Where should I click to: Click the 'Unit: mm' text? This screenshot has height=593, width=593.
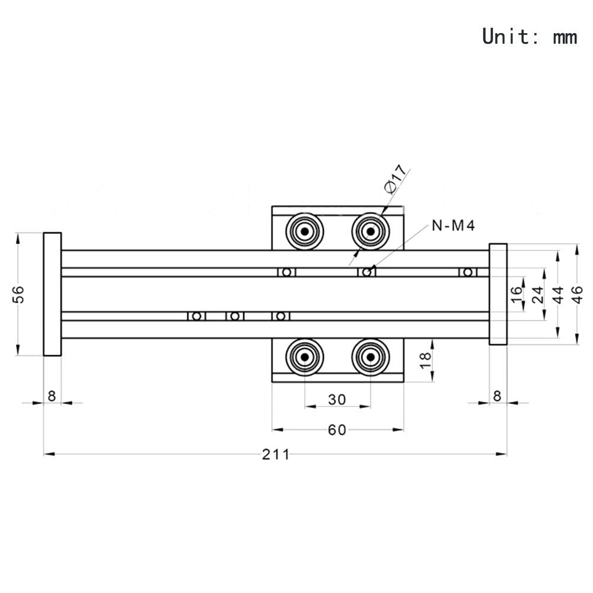point(530,36)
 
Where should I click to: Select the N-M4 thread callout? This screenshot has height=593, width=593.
point(454,226)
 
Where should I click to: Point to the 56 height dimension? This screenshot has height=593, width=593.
point(19,294)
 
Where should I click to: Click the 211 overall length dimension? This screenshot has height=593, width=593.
point(276,454)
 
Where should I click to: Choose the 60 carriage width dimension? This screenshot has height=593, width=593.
point(337,430)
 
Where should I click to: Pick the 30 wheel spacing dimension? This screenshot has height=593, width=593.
point(337,400)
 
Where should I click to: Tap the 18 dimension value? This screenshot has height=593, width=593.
point(426,361)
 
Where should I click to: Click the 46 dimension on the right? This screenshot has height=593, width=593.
point(577,294)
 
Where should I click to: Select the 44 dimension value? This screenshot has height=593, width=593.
point(558,294)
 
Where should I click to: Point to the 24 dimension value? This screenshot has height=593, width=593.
point(538,294)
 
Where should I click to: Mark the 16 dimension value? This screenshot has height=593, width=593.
point(517,294)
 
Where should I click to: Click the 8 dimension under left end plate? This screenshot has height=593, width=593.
point(52,396)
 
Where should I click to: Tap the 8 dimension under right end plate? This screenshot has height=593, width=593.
point(498,396)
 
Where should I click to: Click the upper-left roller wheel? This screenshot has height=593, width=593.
point(304,231)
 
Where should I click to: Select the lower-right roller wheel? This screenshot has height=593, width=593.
point(371,357)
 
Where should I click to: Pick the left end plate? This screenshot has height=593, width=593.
point(52,294)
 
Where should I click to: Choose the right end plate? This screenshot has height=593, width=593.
point(498,294)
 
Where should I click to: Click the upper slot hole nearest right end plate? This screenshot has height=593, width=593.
point(468,272)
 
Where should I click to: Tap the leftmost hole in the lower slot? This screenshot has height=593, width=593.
point(197,316)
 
